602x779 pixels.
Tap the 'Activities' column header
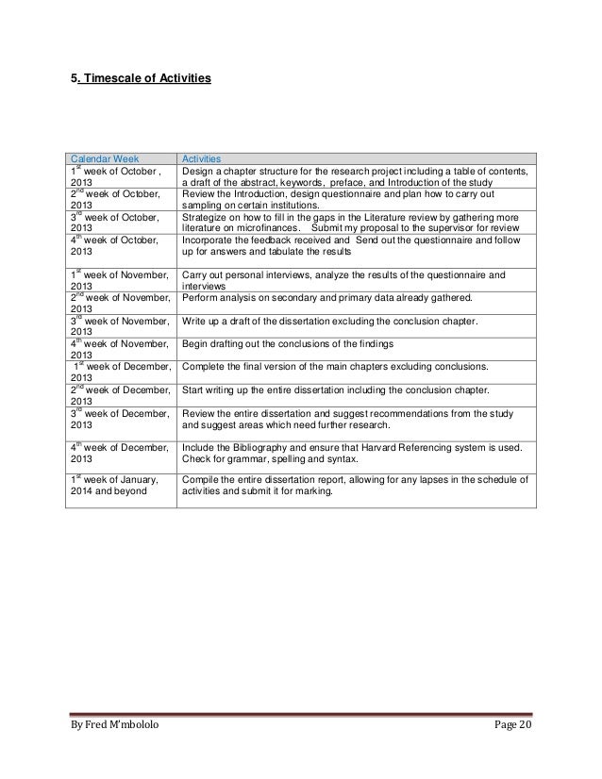202,159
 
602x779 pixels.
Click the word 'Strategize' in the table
206,216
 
